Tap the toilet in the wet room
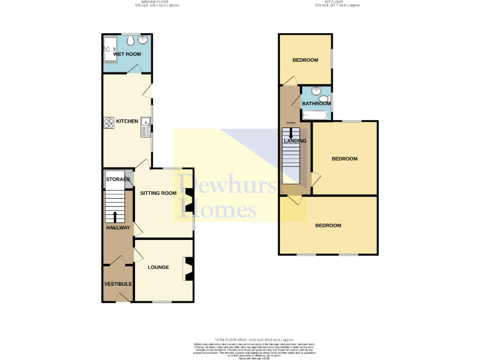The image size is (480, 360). tap(129, 41)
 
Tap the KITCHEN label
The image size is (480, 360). tap(127, 121)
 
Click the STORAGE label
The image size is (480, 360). tap(117, 179)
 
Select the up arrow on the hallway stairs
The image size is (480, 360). tap(114, 216)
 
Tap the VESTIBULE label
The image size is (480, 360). tap(117, 284)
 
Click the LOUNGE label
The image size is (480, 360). tap(158, 267)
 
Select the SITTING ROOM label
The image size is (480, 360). tap(158, 193)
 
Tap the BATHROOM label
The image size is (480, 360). tap(316, 104)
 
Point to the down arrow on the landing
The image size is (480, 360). tap(291, 132)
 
